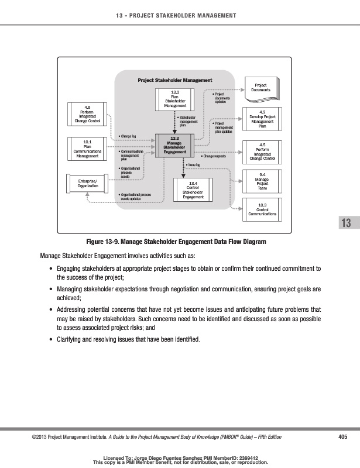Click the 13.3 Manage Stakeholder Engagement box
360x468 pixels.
[174, 144]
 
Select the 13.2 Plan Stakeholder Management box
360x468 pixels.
[174, 99]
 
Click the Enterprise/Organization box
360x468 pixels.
[87, 183]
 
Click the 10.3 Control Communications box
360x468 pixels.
[262, 209]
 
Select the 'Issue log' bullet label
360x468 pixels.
[193, 166]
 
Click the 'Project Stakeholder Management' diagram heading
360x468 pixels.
[174, 80]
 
